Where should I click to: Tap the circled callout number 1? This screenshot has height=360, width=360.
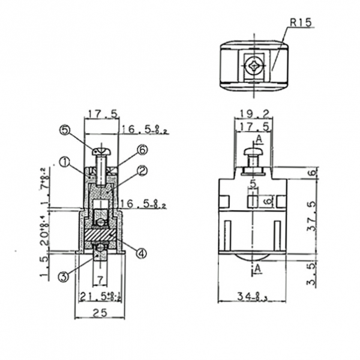(64, 161)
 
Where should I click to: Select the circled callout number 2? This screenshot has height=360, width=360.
(142, 170)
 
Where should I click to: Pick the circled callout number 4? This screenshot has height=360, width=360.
(141, 253)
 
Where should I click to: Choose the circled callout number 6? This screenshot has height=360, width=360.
(142, 149)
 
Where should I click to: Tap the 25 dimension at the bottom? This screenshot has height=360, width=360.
(100, 312)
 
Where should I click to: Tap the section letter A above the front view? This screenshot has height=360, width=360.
(259, 140)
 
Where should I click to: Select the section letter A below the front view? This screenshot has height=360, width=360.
(259, 269)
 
